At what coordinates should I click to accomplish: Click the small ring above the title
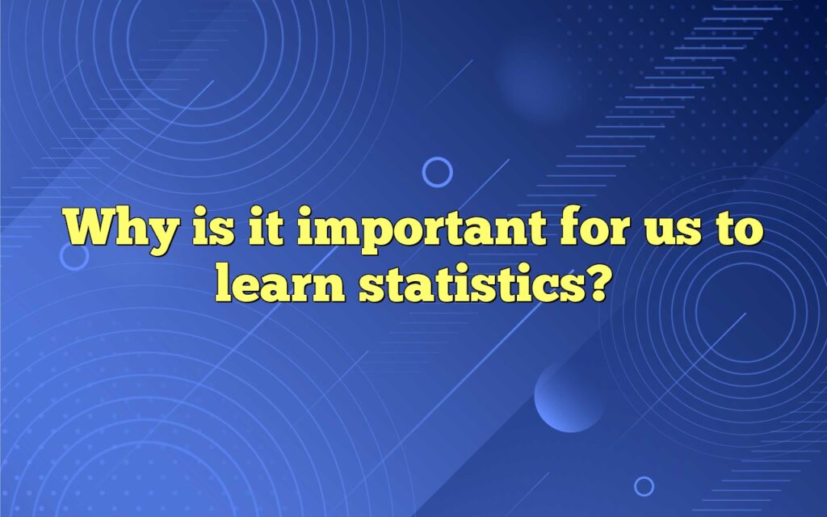[438, 171]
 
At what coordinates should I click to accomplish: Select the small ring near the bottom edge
[644, 485]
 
